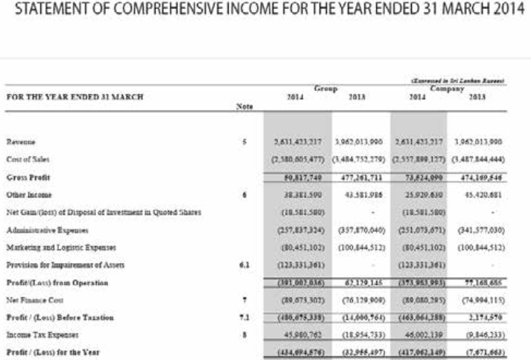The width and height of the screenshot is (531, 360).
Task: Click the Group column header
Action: pyautogui.click(x=325, y=88)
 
